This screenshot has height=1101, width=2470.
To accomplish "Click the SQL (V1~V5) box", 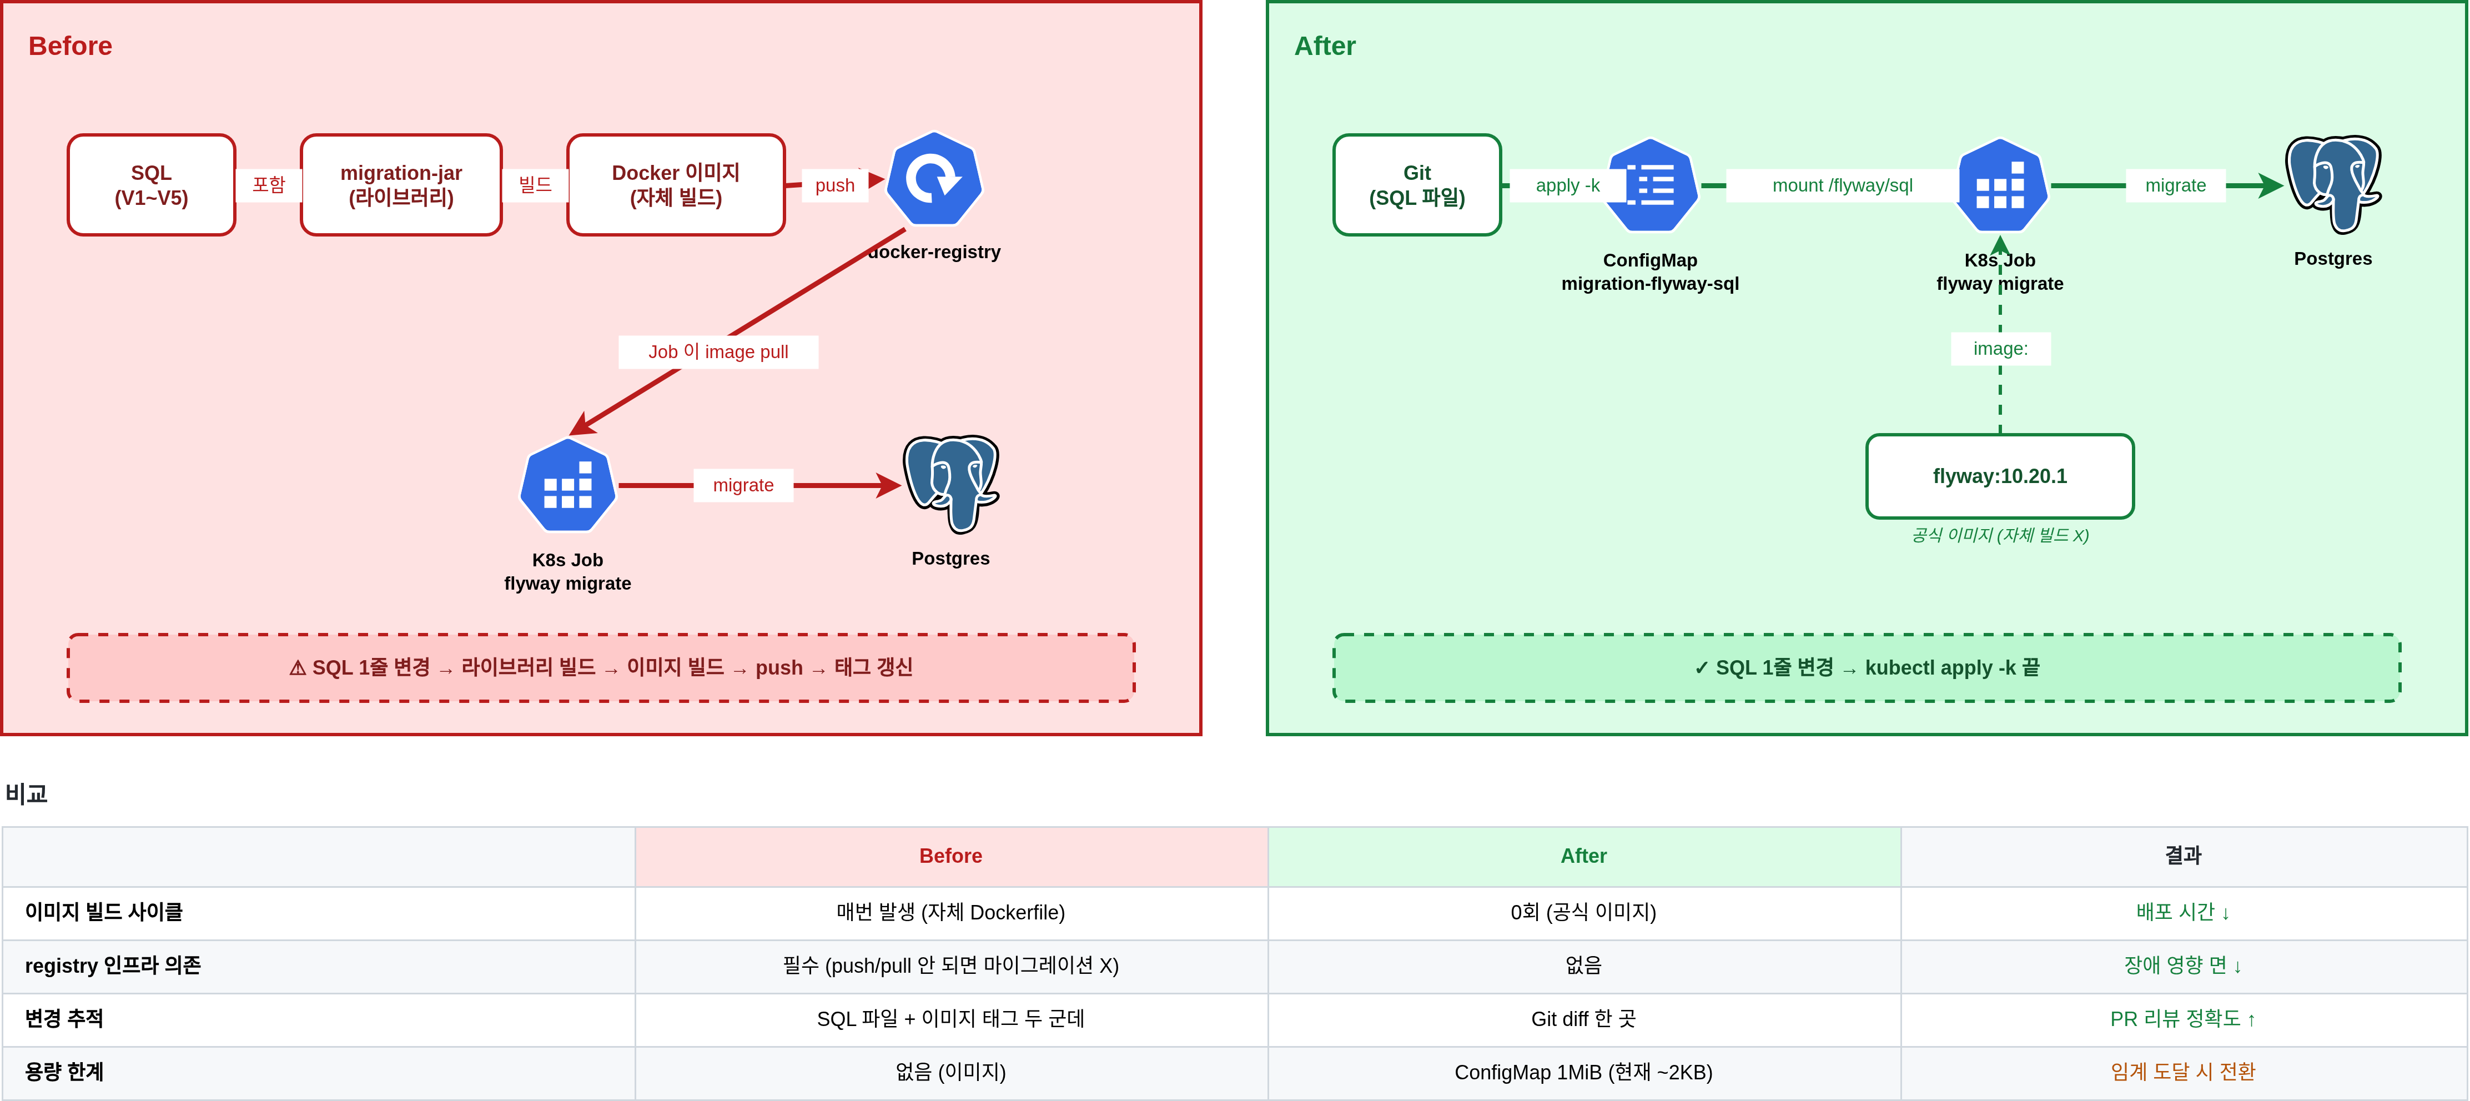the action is [x=152, y=185].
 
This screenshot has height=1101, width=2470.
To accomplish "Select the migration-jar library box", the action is [x=401, y=185].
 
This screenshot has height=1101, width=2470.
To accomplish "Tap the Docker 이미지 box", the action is [x=676, y=185].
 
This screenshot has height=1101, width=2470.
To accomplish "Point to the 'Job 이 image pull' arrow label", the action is [x=718, y=352].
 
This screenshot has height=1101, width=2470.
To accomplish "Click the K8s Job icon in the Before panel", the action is [x=567, y=485].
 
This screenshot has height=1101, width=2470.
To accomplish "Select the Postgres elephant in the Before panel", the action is [x=951, y=484].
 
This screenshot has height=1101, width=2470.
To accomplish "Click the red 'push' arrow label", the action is [x=835, y=185].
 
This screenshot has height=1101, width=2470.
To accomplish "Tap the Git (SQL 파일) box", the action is [x=1417, y=185].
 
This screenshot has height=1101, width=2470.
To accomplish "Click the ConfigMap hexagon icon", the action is [x=1650, y=185].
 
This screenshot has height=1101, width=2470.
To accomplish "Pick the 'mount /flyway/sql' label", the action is [x=1842, y=185].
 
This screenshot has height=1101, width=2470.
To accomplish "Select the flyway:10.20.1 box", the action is [x=2000, y=476].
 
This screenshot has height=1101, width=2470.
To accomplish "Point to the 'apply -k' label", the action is [x=1568, y=185].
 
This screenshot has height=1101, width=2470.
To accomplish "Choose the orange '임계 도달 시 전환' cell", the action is [x=2184, y=1072].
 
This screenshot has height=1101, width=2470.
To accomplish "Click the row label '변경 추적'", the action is [x=64, y=1018].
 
